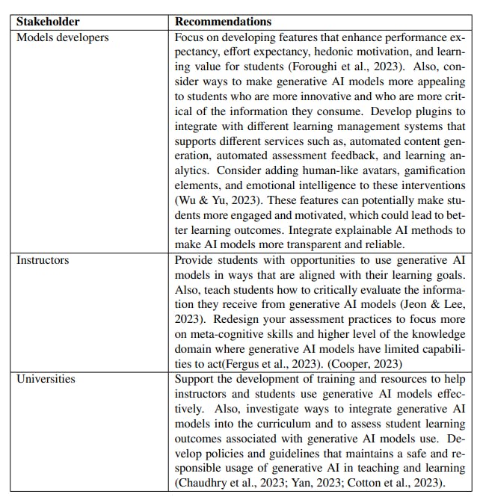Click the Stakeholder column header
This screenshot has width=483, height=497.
[x=49, y=22]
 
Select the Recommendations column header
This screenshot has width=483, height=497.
[x=223, y=22]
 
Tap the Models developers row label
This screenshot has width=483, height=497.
[x=62, y=37]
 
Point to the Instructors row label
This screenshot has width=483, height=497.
[x=43, y=260]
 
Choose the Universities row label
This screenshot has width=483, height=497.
[x=46, y=379]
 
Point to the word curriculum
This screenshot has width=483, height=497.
[x=264, y=423]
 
